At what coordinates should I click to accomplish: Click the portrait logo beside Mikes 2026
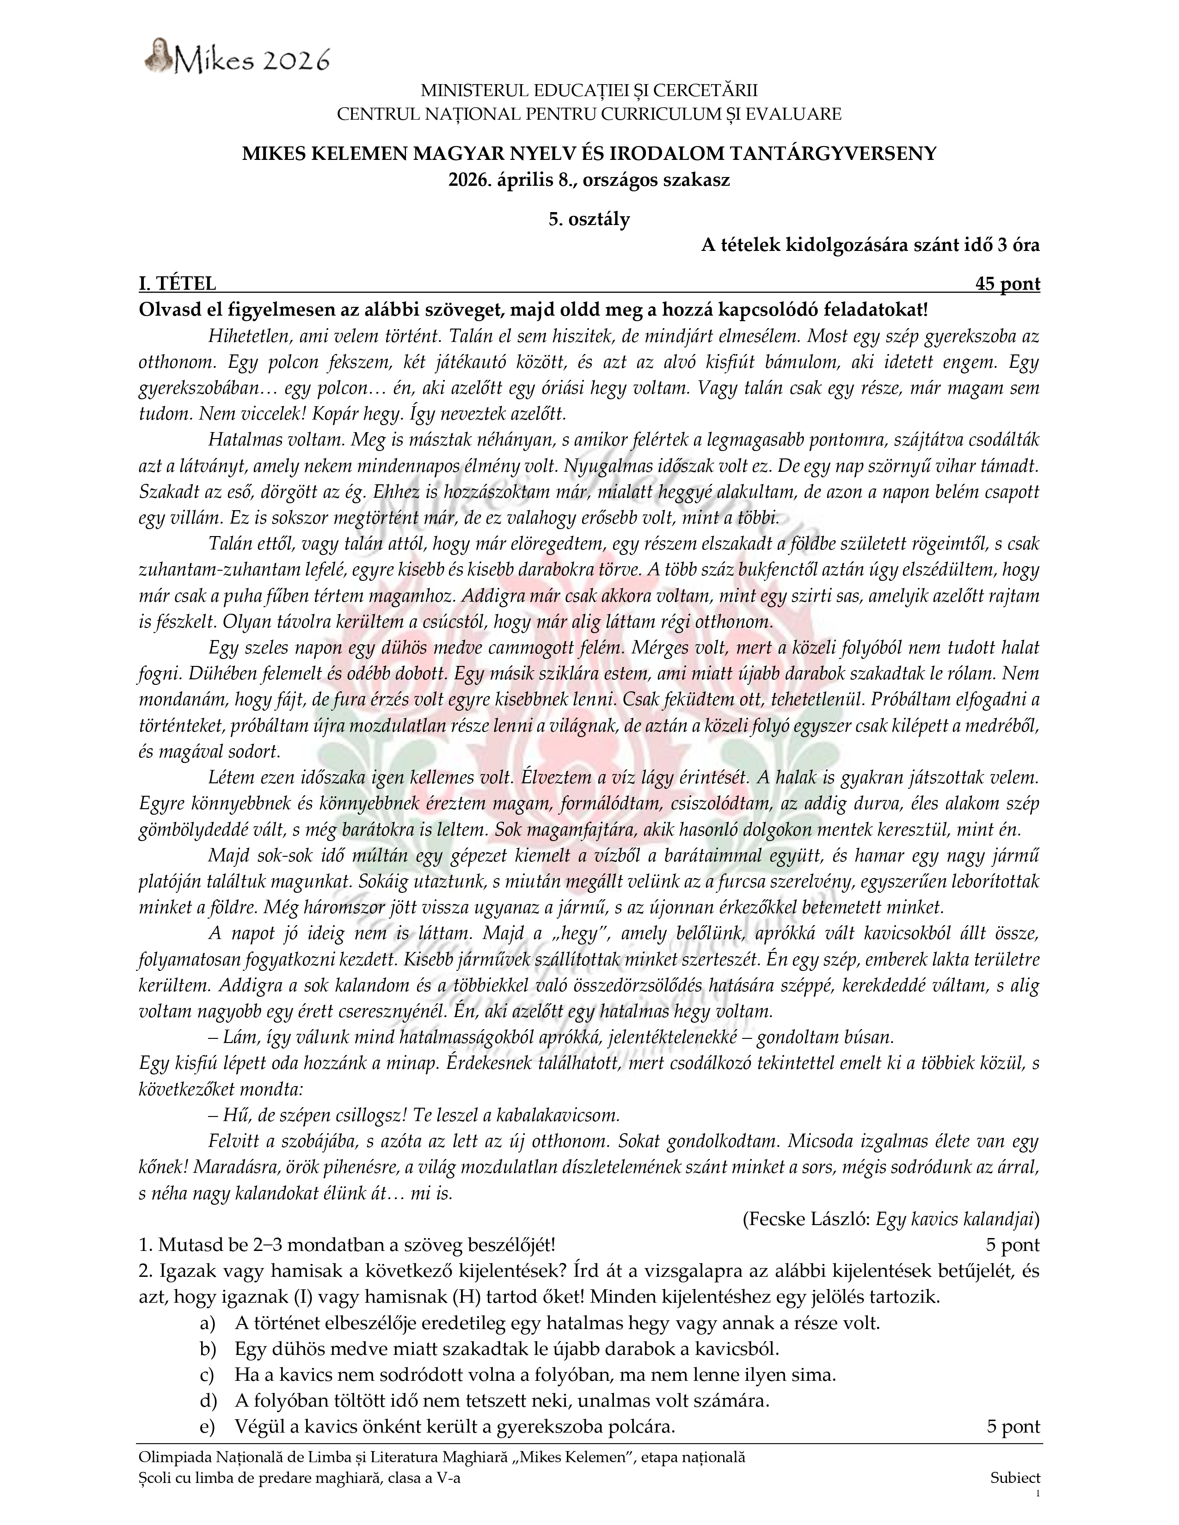click(x=159, y=55)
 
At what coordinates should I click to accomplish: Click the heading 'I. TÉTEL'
click(x=178, y=283)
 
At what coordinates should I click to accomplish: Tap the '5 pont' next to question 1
click(x=1012, y=1244)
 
